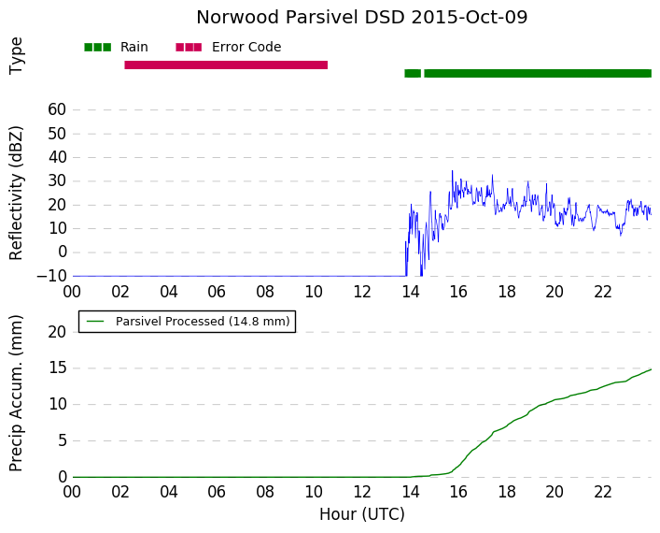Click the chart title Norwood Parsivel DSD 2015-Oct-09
[x=361, y=18]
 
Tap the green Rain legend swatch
[x=98, y=48]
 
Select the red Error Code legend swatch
[x=189, y=48]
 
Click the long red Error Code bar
[x=226, y=65]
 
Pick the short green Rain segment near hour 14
[x=413, y=73]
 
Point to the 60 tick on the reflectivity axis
[x=57, y=109]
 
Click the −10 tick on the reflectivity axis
[x=51, y=276]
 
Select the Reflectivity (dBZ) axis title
[x=16, y=194]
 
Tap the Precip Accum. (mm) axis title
[x=16, y=393]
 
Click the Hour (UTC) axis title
[x=362, y=514]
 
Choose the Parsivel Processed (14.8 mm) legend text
[x=203, y=322]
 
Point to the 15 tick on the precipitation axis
[x=57, y=368]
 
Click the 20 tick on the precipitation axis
[x=57, y=332]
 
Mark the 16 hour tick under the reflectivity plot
[x=458, y=292]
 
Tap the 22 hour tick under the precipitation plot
[x=603, y=492]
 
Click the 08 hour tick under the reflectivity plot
[x=265, y=292]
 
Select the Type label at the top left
[x=16, y=56]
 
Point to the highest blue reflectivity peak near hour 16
[x=453, y=171]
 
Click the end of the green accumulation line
[x=652, y=369]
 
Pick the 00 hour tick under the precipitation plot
[x=72, y=492]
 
